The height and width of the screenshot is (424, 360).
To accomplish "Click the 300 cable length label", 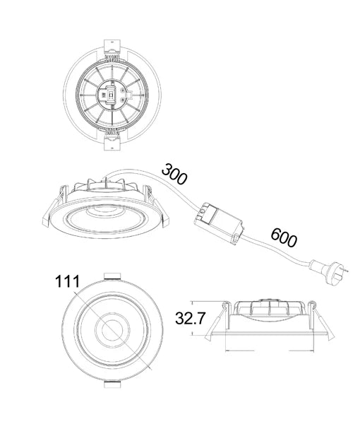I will coord(174,173).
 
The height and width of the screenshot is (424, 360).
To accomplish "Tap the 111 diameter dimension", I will coord(68,281).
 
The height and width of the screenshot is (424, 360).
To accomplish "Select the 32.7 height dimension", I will coord(191,318).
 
